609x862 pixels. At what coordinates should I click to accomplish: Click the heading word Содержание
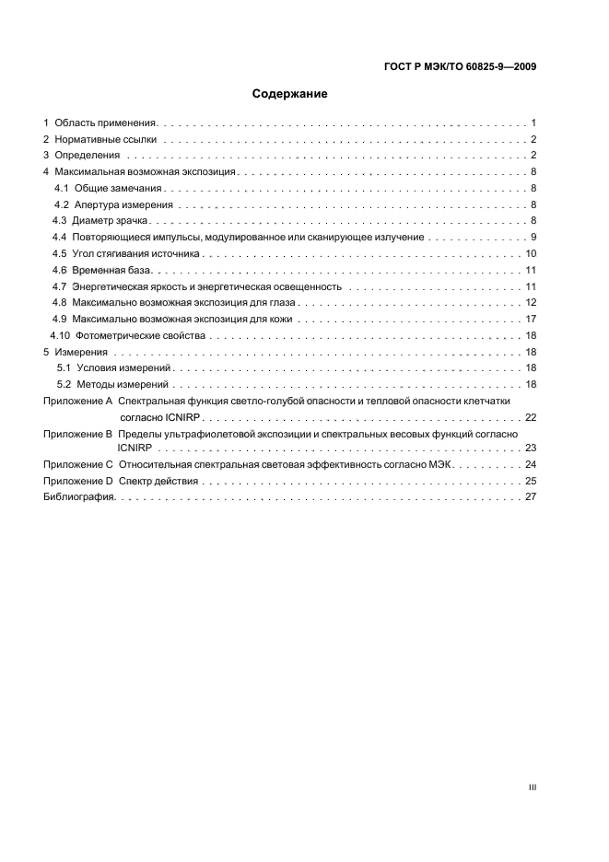(290, 94)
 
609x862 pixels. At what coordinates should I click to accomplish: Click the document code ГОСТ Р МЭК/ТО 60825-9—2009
(459, 65)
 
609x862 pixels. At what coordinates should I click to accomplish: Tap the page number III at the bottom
(532, 786)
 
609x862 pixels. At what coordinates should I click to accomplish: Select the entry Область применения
(107, 122)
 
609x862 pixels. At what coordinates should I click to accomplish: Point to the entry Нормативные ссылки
(105, 139)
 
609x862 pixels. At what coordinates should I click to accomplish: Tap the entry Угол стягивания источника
(136, 253)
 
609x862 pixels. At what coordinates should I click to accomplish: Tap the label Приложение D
(78, 481)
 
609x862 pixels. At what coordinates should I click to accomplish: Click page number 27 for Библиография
(531, 497)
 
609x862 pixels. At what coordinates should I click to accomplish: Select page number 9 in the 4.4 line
(533, 238)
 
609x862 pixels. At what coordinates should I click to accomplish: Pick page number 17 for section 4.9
(531, 319)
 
